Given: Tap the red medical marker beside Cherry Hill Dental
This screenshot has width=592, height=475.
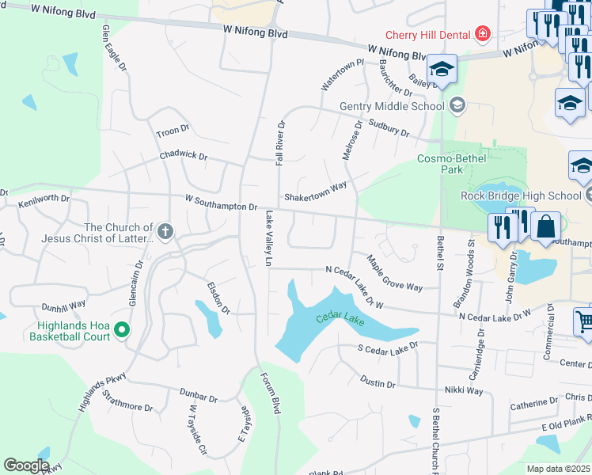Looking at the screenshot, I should pyautogui.click(x=482, y=35).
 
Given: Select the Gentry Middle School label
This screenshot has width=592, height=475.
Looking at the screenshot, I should pyautogui.click(x=392, y=106).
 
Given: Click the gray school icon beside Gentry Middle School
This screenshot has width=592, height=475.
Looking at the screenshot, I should pyautogui.click(x=457, y=105).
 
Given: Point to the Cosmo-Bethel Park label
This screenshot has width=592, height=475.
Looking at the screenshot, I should pyautogui.click(x=451, y=164).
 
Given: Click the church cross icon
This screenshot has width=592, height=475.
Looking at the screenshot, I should pyautogui.click(x=165, y=231).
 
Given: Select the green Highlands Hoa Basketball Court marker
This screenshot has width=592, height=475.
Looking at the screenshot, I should pyautogui.click(x=122, y=329).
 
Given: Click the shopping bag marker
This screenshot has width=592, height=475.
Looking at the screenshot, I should pyautogui.click(x=545, y=227).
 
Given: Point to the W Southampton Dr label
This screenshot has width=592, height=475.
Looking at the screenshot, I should pyautogui.click(x=222, y=203).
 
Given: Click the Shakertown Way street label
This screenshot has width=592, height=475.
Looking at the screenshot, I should pyautogui.click(x=316, y=191).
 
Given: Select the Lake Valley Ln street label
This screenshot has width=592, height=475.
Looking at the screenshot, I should pyautogui.click(x=269, y=237).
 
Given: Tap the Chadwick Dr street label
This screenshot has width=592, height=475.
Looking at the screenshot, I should pyautogui.click(x=183, y=157).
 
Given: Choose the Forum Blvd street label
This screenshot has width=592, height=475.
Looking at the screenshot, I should pyautogui.click(x=271, y=393).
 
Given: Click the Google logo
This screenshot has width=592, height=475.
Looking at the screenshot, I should pyautogui.click(x=27, y=465).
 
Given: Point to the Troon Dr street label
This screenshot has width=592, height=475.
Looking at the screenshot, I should pyautogui.click(x=173, y=130).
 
